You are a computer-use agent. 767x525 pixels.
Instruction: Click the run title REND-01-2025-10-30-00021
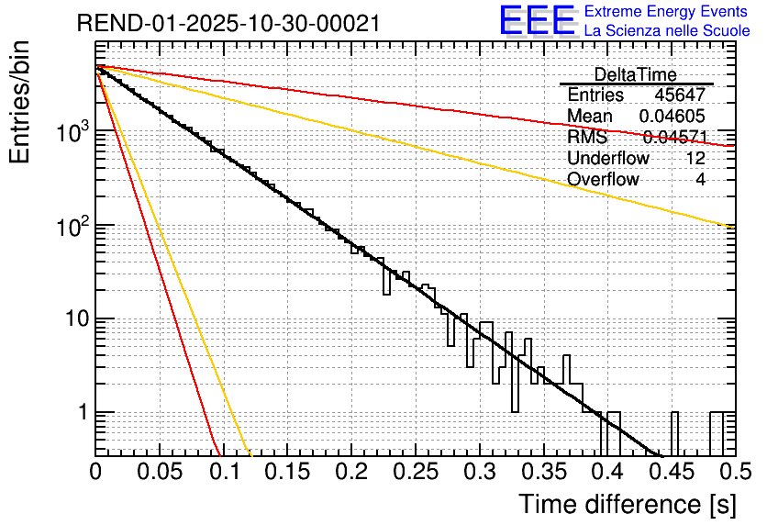coord(228,24)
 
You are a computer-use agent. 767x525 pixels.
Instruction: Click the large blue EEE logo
coord(537,20)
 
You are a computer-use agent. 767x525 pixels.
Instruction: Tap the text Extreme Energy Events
coord(667,12)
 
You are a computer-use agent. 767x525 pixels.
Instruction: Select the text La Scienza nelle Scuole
coord(667,31)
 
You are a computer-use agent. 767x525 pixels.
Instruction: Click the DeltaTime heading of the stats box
coord(635,74)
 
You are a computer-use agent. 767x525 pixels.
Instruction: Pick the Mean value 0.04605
coord(672,117)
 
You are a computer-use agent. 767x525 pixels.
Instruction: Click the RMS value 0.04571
coord(674,138)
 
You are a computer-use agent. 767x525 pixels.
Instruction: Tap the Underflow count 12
coord(695,159)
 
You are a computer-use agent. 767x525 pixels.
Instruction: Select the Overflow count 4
coord(700,180)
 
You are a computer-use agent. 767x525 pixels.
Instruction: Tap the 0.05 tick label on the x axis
coord(160,473)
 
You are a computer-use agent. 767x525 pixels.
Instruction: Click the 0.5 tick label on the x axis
coord(730,473)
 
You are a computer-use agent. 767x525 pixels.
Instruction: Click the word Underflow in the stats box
coord(607,159)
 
